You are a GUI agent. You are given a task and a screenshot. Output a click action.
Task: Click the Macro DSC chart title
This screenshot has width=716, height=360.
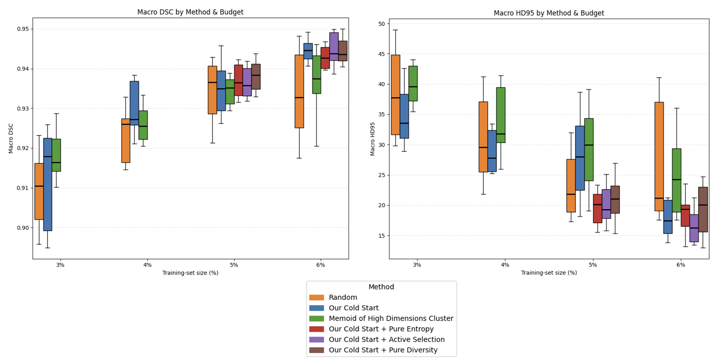pos(190,12)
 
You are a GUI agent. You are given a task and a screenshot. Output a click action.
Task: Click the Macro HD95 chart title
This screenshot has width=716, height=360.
pos(548,13)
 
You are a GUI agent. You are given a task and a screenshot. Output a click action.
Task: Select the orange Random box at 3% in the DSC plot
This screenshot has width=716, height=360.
pos(39,191)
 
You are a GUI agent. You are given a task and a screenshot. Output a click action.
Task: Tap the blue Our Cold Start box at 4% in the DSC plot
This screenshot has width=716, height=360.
pos(134,103)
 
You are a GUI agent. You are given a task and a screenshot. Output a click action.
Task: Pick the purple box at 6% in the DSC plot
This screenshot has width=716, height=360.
pos(334,46)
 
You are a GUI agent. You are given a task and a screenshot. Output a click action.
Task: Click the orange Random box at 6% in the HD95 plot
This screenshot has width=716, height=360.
pos(659,156)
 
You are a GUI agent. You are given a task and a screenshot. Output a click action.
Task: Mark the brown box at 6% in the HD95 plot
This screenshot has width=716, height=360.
pos(703,209)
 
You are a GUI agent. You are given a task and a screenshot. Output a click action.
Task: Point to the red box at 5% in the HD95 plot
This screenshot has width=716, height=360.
pos(597,208)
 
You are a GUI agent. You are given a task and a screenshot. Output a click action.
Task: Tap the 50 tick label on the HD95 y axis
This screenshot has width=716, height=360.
pos(381,24)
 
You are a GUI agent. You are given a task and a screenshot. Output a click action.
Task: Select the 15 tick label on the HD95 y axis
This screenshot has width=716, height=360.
pos(381,236)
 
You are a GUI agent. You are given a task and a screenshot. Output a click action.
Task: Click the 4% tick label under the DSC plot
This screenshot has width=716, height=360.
pos(147,265)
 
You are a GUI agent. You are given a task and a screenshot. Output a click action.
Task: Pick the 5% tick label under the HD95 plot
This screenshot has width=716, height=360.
pos(593,265)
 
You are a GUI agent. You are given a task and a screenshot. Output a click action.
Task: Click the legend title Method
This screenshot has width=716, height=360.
pos(381,287)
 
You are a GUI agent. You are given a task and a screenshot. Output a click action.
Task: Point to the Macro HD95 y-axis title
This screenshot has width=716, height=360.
pos(374,139)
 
